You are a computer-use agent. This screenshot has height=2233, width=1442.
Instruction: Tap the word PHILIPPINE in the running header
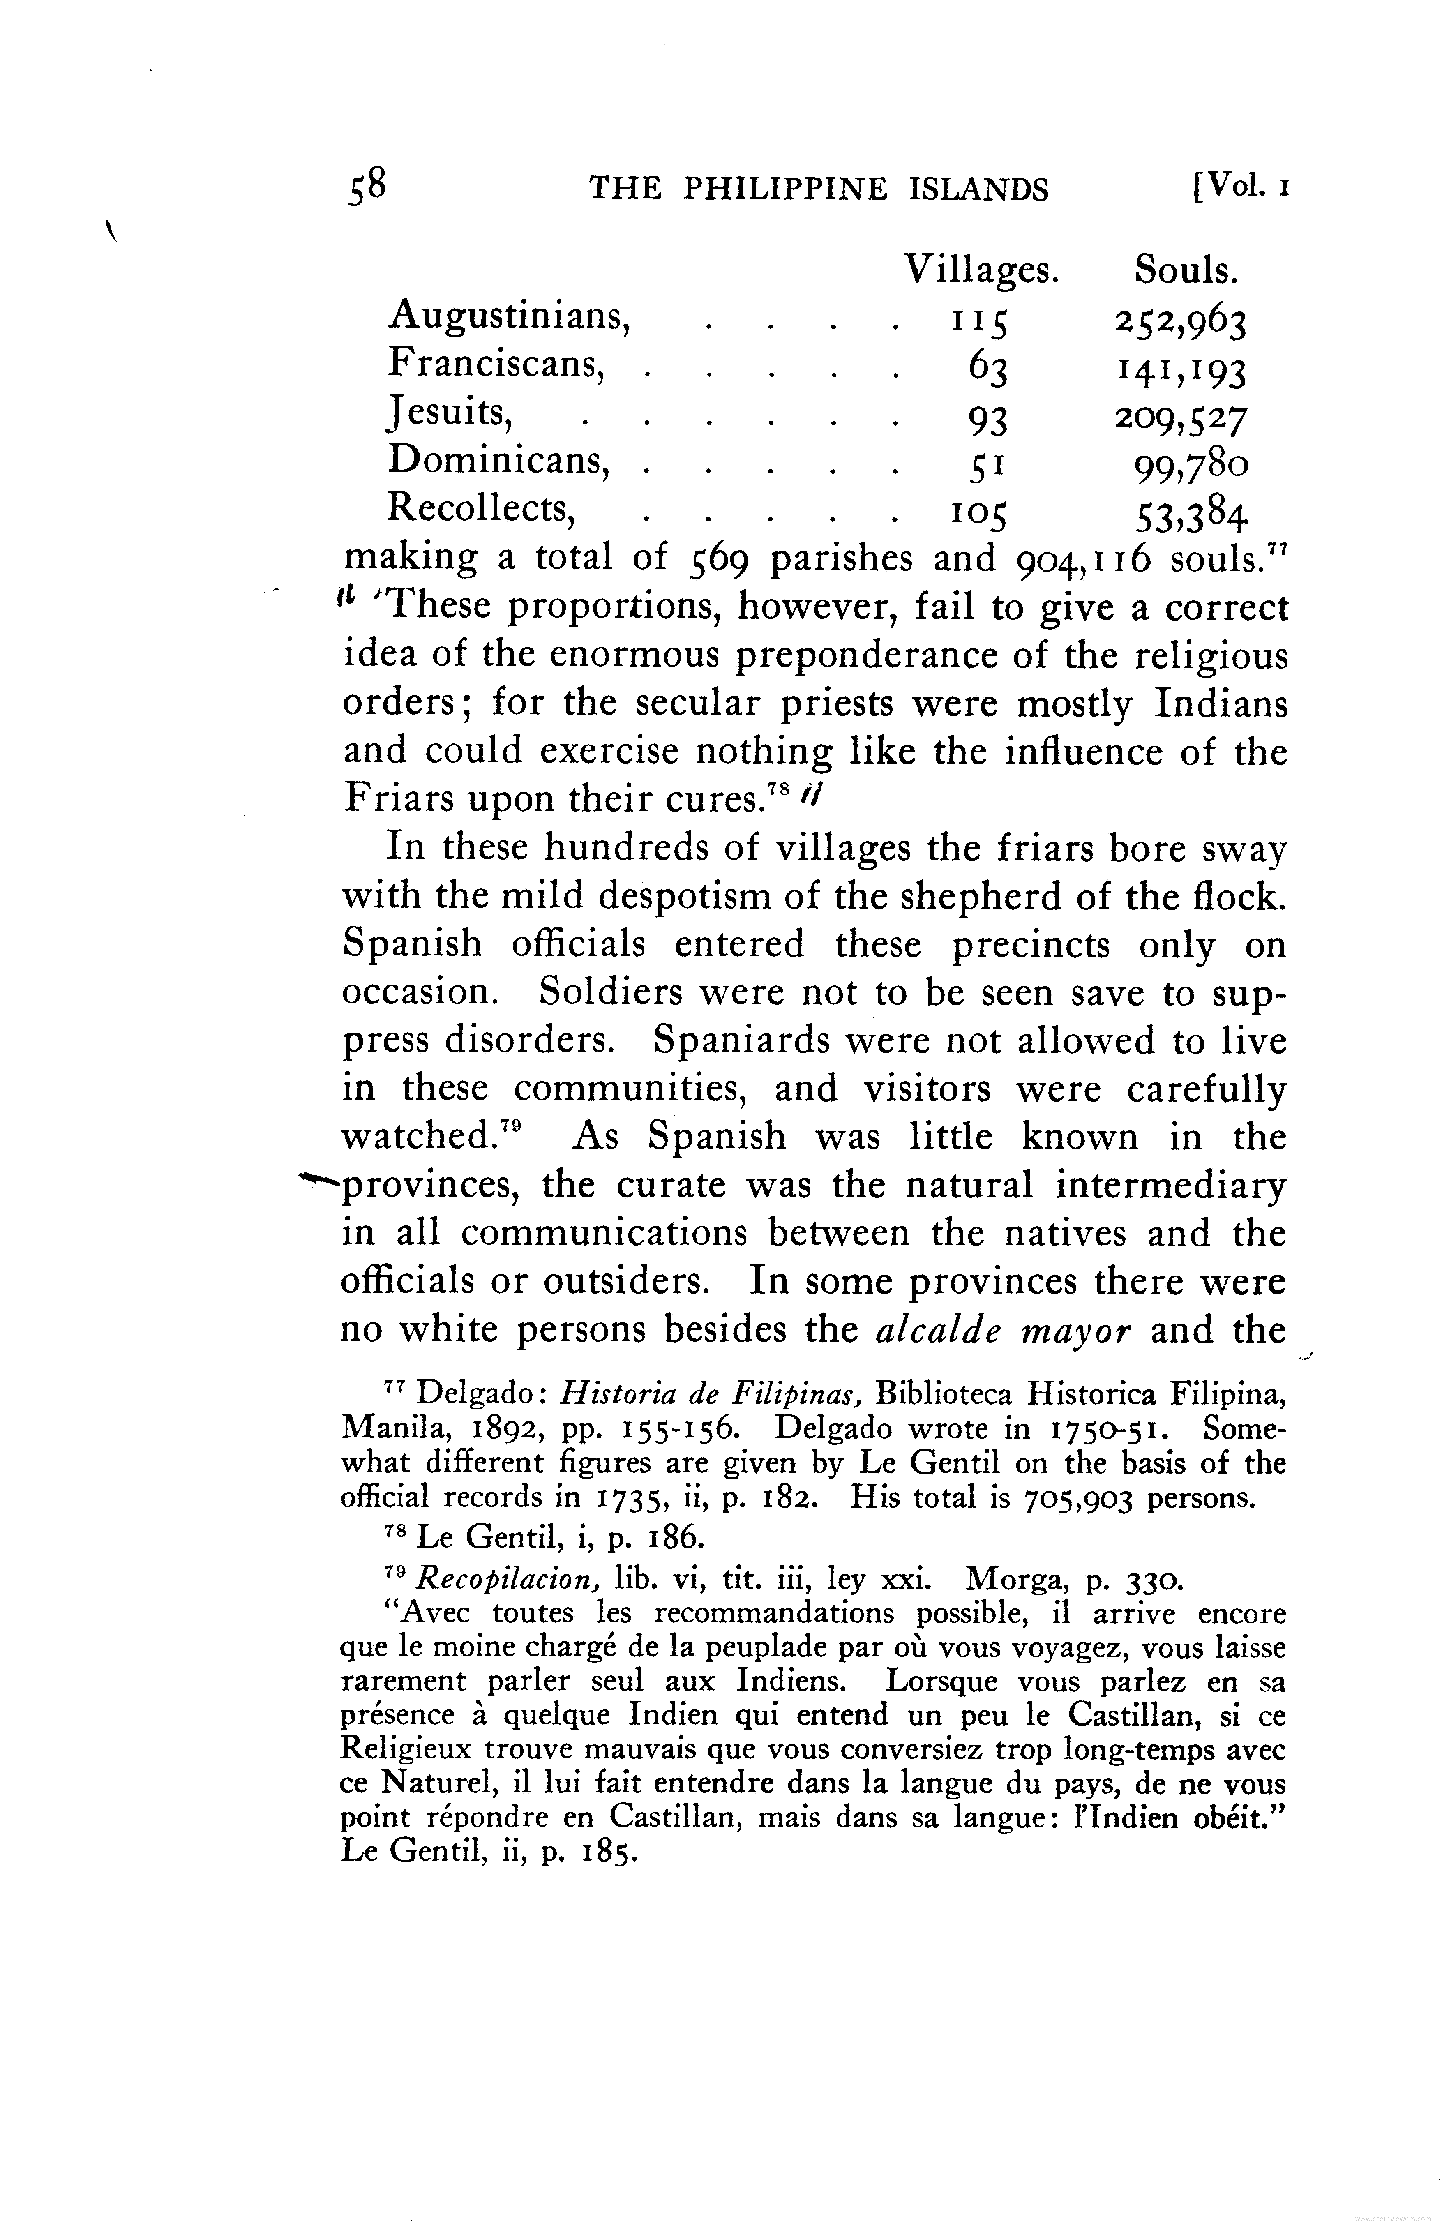[x=784, y=190]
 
